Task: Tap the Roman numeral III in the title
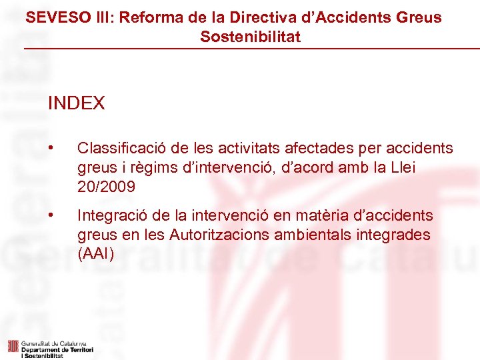[x=100, y=17]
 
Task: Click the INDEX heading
[x=76, y=103]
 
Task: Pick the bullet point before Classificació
[x=51, y=148]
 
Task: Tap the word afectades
[x=297, y=148]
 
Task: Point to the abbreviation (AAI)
[x=95, y=254]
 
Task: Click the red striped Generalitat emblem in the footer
[x=12, y=346]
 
